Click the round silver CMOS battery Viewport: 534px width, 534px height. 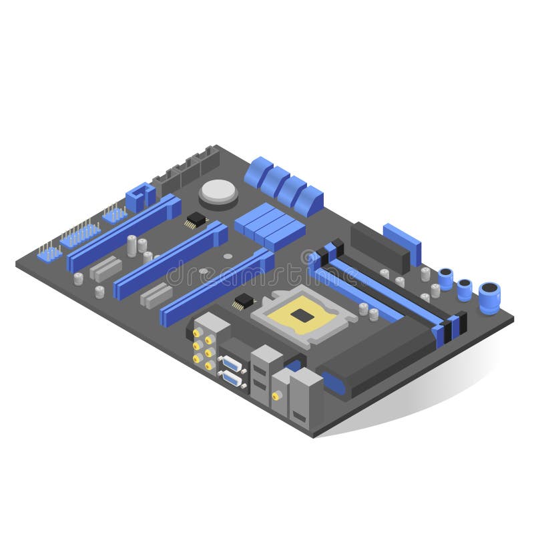[218, 192]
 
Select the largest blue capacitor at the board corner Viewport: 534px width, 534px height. [489, 298]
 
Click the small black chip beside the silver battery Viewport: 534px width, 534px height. [196, 220]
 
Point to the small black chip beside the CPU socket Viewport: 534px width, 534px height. [244, 301]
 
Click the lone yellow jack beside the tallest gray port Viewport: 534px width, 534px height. [275, 396]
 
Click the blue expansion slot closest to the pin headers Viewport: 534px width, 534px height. [123, 232]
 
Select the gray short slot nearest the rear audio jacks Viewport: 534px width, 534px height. [156, 295]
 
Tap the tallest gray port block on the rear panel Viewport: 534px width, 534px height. [306, 398]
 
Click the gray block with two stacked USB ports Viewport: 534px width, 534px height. [265, 376]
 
